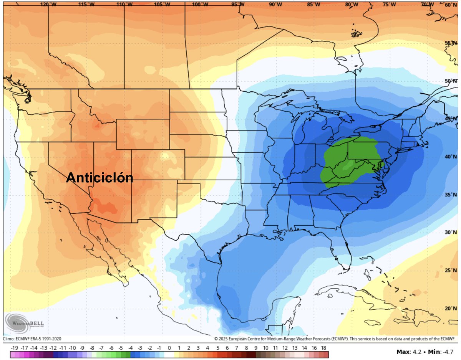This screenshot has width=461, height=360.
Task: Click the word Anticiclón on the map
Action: click(x=99, y=178)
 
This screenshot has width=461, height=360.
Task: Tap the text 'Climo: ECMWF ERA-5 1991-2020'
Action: click(x=32, y=339)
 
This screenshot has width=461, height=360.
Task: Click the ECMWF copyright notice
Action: click(x=335, y=339)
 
